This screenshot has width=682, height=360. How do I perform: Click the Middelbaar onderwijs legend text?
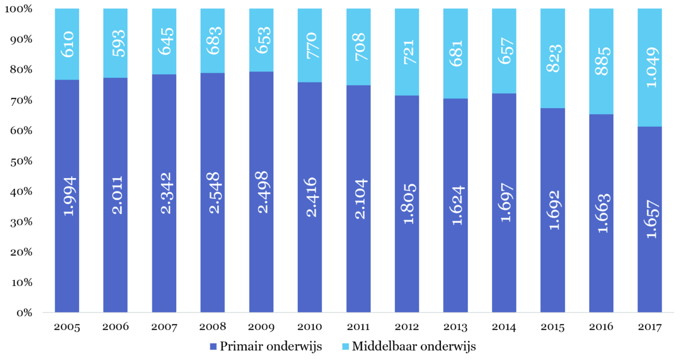click(413, 346)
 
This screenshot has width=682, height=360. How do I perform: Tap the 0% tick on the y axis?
click(23, 313)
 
